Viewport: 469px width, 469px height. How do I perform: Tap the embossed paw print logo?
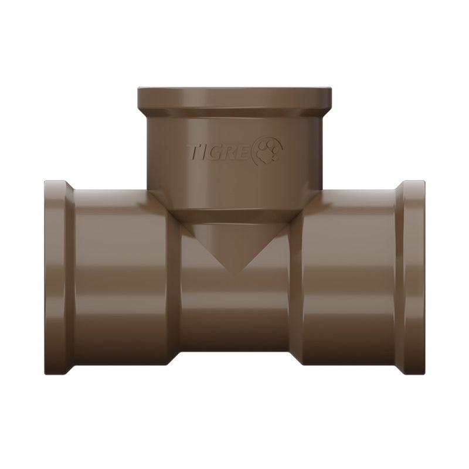(x=268, y=150)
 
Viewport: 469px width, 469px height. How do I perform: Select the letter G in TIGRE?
(x=216, y=152)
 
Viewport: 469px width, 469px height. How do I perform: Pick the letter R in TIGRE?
(x=230, y=152)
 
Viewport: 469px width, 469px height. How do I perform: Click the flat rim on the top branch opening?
(x=235, y=98)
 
